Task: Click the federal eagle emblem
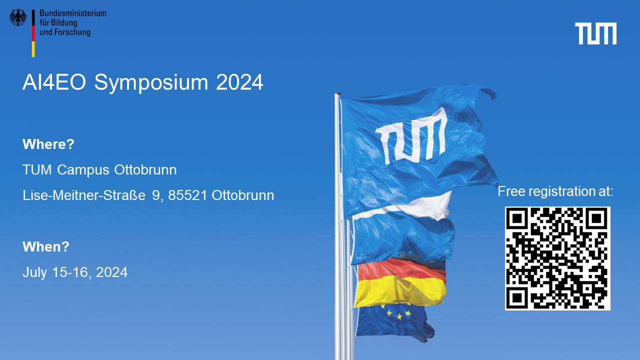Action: pos(18,17)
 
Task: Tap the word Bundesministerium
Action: pos(73,13)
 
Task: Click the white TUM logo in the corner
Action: pos(595,33)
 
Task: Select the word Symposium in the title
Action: pos(151,83)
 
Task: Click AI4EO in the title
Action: pos(54,82)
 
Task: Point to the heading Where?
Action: pos(48,144)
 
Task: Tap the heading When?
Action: pos(46,246)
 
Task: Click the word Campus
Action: pos(83,170)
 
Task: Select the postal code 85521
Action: pos(187,195)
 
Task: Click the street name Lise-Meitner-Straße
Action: pos(84,195)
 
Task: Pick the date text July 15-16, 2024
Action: pos(75,272)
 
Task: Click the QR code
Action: pos(557,258)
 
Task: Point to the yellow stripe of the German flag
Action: pos(400,291)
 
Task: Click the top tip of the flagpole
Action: pos(337,93)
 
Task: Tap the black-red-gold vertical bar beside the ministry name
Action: pos(33,33)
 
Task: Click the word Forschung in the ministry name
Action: pos(72,32)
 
